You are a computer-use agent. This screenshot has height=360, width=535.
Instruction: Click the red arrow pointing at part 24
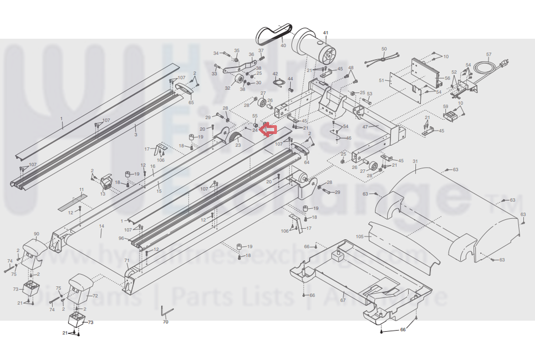tap(269, 130)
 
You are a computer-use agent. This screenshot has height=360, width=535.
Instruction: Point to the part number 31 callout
tap(415, 161)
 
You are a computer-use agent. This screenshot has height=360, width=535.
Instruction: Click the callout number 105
tap(359, 237)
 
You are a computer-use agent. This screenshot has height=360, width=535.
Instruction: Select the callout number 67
tap(343, 300)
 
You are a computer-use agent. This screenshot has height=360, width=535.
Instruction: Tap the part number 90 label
tap(37, 234)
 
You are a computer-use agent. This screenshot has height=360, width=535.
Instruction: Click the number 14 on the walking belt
tap(101, 226)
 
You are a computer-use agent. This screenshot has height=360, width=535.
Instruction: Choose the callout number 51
tap(381, 80)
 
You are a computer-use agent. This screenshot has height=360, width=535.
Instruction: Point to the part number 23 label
tap(238, 145)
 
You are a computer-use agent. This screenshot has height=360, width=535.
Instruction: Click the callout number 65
tap(191, 103)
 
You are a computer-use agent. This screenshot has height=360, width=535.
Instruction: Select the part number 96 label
tap(121, 239)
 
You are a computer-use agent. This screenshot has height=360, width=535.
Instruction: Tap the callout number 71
tap(126, 260)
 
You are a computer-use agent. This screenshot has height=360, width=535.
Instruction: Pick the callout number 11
tap(81, 190)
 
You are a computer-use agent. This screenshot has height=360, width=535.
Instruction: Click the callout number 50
tap(384, 49)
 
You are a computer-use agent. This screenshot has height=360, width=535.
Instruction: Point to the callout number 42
tap(275, 74)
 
